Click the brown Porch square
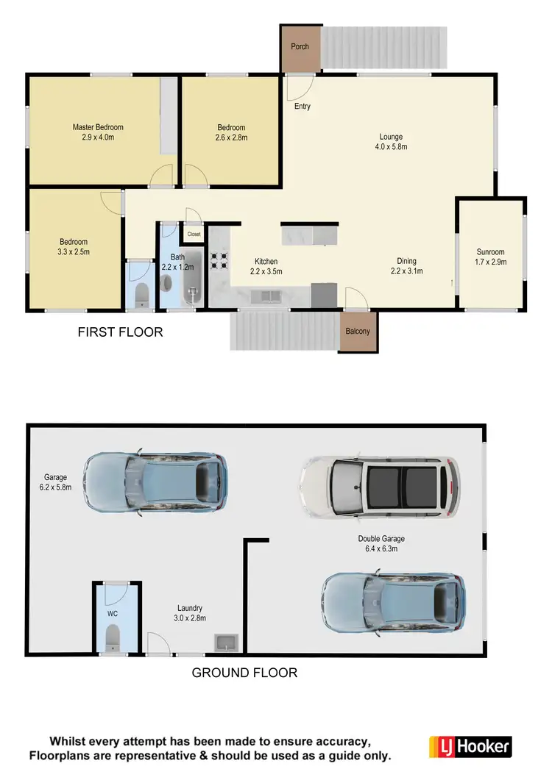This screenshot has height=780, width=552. [x=300, y=49]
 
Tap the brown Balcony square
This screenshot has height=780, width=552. [x=358, y=331]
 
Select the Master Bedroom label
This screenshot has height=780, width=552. [x=98, y=127]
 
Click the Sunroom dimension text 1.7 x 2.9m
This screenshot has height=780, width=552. [x=491, y=262]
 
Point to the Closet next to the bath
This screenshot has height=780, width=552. [x=194, y=234]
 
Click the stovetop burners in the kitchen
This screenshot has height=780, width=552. [x=219, y=260]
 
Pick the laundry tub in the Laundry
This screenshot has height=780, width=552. [x=225, y=644]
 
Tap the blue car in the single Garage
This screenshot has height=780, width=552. [x=155, y=481]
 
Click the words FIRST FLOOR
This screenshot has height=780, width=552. [x=120, y=332]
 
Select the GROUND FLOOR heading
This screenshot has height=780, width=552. [x=244, y=672]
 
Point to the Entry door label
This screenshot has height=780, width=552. [x=302, y=107]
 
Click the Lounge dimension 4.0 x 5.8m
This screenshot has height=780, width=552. [x=391, y=147]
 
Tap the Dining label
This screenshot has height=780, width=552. [x=406, y=261]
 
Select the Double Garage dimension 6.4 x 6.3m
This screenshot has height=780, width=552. [x=382, y=548]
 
